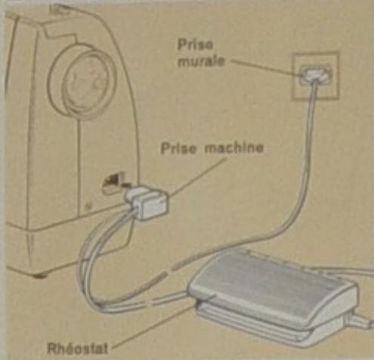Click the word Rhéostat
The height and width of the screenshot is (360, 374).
click(78, 349)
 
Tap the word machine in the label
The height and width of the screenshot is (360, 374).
click(233, 147)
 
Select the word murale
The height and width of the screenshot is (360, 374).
click(201, 61)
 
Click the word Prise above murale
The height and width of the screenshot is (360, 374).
click(195, 45)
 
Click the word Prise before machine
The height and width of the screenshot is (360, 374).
click(178, 148)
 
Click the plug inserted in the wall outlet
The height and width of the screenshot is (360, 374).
click(315, 74)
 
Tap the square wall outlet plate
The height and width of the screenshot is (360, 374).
click(315, 76)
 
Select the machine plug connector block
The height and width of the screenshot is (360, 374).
click(147, 203)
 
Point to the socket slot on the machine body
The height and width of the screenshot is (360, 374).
click(113, 182)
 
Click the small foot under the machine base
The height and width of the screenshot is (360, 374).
click(40, 275)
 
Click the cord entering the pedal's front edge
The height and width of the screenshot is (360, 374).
click(172, 297)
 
